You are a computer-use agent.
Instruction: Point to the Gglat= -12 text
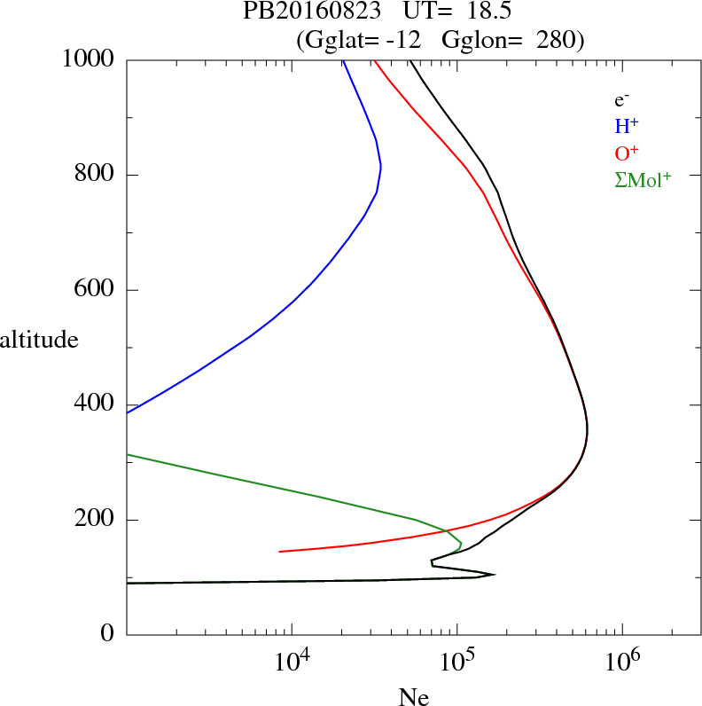359,39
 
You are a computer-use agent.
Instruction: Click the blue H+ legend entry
627,127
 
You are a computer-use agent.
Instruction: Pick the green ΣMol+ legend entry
643,179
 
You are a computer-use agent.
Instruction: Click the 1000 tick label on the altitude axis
90,59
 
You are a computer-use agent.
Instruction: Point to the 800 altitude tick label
96,175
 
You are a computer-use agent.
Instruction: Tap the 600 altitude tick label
96,290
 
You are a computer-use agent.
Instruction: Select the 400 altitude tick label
96,404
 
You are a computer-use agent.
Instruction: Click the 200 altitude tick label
96,520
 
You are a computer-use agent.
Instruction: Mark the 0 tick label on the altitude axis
108,635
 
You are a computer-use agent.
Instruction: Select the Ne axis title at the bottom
414,697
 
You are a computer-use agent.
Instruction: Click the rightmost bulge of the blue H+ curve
380,166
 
